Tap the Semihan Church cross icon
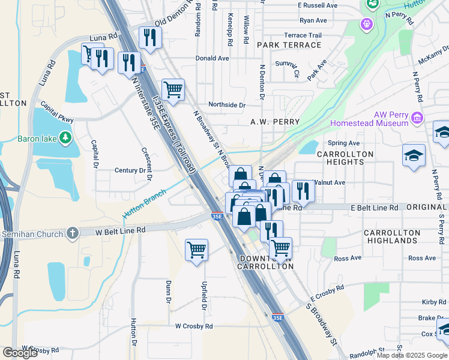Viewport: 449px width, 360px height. coord(73,233)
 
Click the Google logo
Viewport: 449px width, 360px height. coord(20,353)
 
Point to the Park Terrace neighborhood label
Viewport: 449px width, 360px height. coord(289,45)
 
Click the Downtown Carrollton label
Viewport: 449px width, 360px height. coord(267,262)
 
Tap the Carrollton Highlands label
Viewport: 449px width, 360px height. coord(393,236)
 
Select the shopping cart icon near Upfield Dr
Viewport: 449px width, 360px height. coord(196,249)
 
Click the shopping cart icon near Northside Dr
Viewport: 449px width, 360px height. coord(173,89)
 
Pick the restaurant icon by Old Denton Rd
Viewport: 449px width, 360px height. coord(147,37)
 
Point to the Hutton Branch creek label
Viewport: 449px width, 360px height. coord(144,204)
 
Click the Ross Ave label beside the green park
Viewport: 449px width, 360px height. coord(348,258)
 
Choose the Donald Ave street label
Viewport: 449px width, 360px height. coord(212,59)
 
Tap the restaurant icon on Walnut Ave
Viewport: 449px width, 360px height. coord(303,190)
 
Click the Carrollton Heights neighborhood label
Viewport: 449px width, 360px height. coord(345,158)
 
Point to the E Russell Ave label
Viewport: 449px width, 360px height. coord(317,5)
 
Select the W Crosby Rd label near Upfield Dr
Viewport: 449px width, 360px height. coord(194,326)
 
